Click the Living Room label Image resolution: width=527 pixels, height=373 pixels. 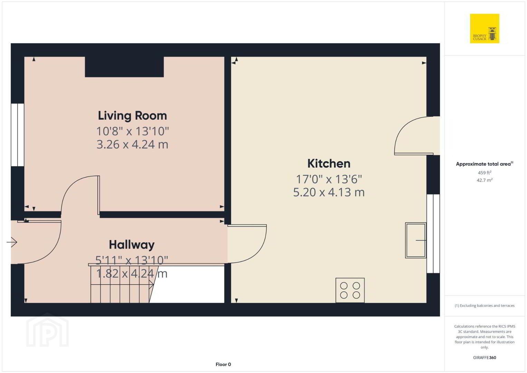132,116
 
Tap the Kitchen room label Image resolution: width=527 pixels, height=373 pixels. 329,164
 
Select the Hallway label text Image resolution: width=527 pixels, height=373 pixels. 132,245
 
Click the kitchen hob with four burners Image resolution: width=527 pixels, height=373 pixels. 350,290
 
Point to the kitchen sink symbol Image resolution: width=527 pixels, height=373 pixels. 416,240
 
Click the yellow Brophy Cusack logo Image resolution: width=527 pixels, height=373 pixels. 485,28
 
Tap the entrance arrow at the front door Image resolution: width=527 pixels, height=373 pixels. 12,242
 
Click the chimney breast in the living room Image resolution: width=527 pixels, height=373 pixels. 124,67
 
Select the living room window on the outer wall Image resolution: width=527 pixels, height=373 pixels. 18,135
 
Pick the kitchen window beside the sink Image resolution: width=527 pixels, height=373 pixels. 433,234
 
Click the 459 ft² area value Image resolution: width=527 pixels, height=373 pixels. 485,173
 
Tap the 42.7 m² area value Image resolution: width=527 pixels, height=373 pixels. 485,180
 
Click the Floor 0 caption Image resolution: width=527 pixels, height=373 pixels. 223,364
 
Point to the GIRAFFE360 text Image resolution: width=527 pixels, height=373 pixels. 485,358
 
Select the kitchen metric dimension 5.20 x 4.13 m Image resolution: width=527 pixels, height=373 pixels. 329,192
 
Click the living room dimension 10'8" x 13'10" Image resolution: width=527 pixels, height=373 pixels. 133,131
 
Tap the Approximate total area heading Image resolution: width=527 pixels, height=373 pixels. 485,164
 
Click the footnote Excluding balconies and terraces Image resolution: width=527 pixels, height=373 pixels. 485,306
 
